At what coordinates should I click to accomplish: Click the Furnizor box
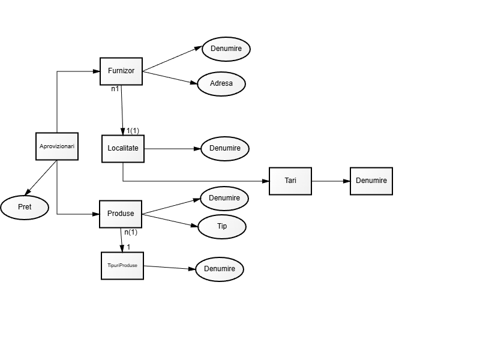121,71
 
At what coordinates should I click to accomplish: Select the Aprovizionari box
57,146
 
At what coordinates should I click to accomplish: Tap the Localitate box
123,148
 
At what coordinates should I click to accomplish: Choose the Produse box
121,214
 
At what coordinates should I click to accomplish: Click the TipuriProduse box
122,265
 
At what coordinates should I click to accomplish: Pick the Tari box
290,181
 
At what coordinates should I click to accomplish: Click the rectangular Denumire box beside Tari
371,181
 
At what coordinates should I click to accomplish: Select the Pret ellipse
25,207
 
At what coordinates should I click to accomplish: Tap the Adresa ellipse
221,83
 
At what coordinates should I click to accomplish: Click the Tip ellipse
222,226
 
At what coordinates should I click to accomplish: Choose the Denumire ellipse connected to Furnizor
226,48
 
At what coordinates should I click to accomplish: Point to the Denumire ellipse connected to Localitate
225,148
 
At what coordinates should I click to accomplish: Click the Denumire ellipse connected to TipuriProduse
220,269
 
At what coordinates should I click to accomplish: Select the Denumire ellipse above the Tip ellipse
224,198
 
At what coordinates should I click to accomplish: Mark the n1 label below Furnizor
115,89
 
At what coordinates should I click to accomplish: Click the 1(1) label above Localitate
133,131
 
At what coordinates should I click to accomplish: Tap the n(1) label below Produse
131,232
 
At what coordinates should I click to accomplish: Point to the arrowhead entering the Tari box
266,181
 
